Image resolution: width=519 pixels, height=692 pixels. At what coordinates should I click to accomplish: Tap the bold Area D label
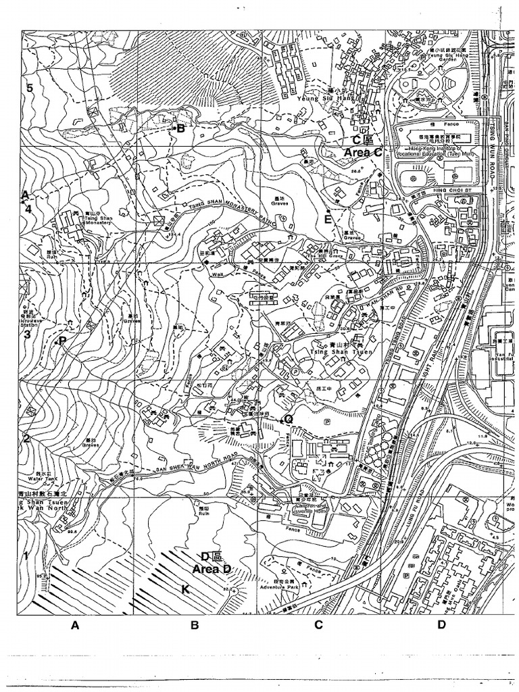pos(212,570)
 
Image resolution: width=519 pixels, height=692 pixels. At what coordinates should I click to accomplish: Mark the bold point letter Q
pos(289,419)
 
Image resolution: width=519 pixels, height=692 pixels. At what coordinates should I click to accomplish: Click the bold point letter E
pos(328,219)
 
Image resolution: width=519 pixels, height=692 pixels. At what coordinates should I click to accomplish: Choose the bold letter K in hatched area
pos(185,589)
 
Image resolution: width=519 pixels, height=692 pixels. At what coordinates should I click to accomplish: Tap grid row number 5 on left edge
pos(29,87)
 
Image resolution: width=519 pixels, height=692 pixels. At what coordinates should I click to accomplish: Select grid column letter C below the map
pos(318,625)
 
